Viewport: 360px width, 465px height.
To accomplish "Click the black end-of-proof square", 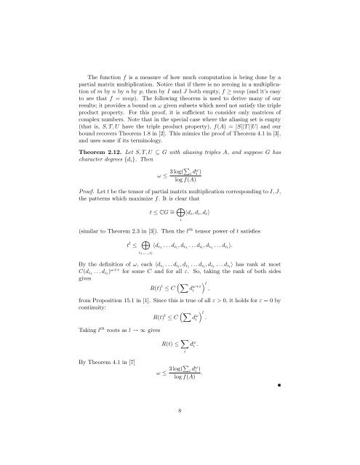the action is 309,400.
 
